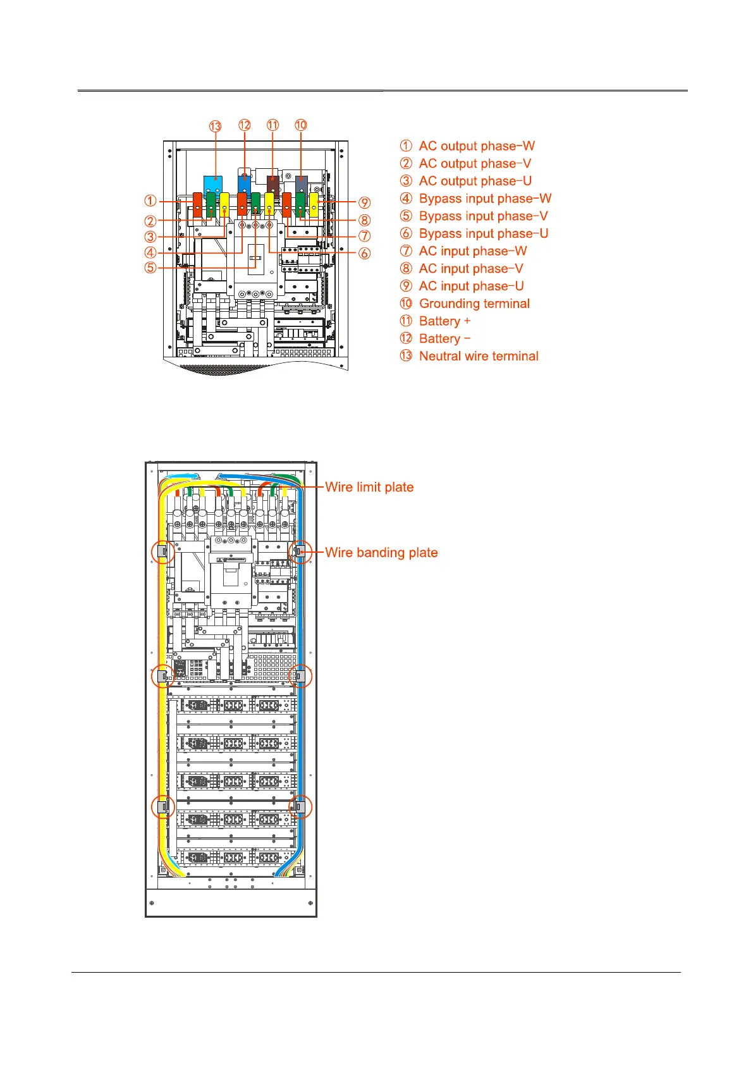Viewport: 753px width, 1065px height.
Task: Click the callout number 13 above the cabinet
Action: click(x=216, y=126)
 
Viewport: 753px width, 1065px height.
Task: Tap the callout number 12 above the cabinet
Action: click(x=245, y=125)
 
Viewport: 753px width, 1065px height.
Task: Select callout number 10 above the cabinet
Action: click(x=301, y=125)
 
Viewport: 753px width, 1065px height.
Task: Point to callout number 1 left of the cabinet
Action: click(x=150, y=201)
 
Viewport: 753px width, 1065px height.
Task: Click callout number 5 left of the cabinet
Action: click(x=150, y=268)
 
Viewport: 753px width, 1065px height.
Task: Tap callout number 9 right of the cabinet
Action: click(x=365, y=203)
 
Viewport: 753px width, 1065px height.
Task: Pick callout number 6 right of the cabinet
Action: click(x=365, y=254)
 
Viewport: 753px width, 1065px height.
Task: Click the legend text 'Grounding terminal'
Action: click(x=474, y=304)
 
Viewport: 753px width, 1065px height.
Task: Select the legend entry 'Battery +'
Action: click(x=444, y=321)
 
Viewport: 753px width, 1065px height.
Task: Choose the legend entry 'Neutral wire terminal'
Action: click(x=479, y=356)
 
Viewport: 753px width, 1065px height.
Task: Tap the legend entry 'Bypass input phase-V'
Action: click(x=483, y=216)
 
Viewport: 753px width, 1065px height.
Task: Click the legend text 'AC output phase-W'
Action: click(x=477, y=146)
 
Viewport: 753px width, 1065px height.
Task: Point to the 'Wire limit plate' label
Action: click(x=369, y=487)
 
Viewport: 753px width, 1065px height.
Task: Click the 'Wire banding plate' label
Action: click(x=381, y=553)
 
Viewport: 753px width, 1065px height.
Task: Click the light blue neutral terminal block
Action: click(x=215, y=184)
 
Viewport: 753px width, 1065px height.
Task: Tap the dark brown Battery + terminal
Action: click(x=272, y=185)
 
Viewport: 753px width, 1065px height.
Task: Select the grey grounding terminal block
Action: click(x=302, y=184)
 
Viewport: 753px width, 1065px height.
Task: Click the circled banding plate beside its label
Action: click(x=300, y=552)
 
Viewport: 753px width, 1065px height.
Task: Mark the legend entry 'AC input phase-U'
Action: click(x=471, y=286)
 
